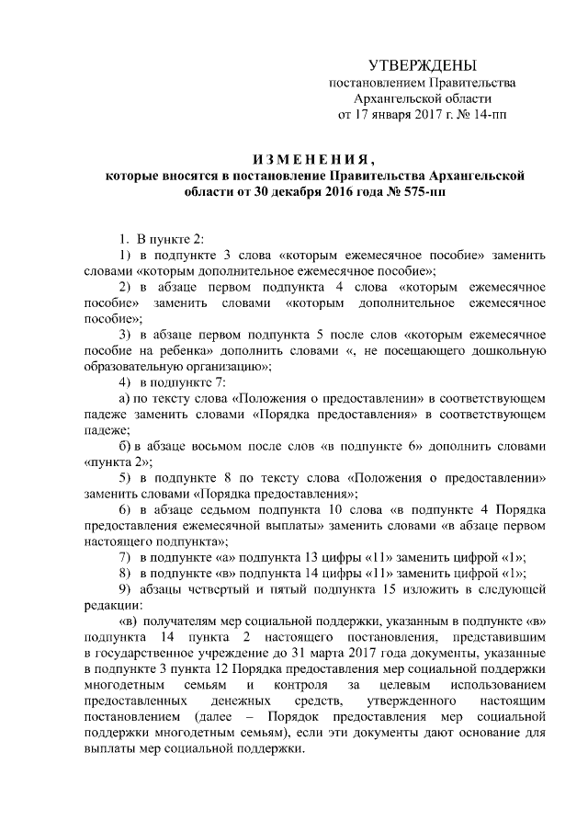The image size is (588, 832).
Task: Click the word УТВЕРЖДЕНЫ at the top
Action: click(x=423, y=66)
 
